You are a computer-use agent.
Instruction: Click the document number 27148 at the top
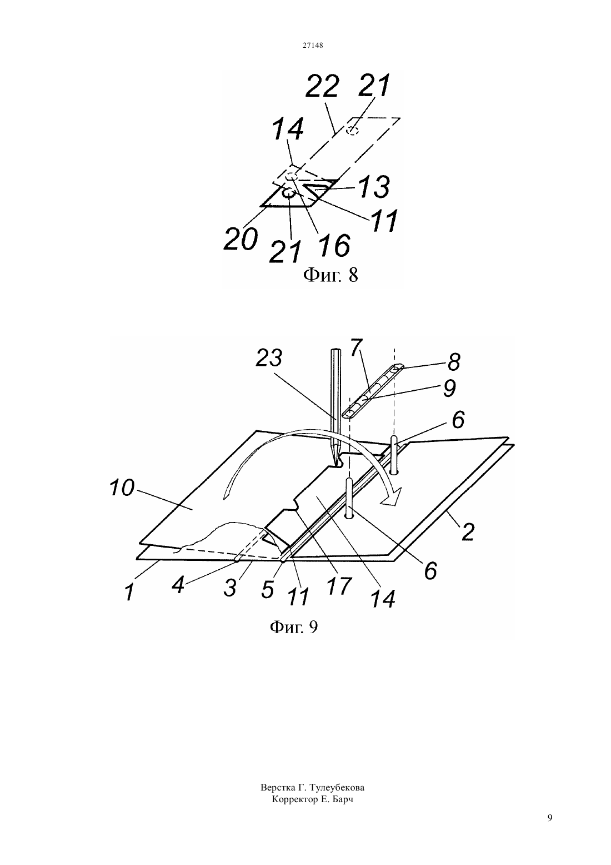pos(312,45)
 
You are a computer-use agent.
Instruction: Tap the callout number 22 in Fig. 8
pos(322,87)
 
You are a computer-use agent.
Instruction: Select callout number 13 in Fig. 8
pos(372,187)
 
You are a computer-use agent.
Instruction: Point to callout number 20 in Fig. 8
pos(241,239)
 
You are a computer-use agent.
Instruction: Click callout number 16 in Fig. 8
pos(334,245)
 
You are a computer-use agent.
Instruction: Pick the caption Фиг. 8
pos(330,275)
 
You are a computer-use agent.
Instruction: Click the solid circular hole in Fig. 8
pos(288,193)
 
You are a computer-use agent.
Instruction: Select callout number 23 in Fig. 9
pos(269,358)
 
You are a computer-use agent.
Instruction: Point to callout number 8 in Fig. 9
pos(454,362)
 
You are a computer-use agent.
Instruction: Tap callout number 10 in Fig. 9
pos(122,488)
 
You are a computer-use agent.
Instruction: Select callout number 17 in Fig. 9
pos(339,586)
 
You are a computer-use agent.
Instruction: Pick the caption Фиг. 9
pos(293,628)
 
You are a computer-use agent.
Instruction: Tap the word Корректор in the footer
pos(295,799)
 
